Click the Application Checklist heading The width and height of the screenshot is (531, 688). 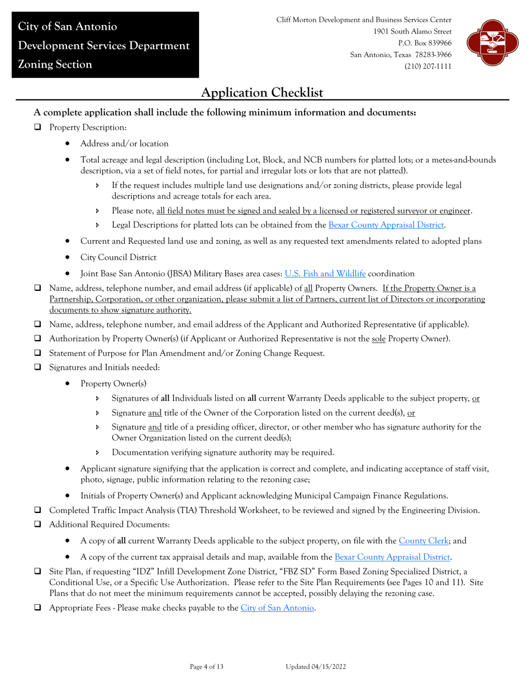tap(262, 92)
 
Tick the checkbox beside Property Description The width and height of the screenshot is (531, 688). tap(38, 128)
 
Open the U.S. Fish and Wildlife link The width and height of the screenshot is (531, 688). tap(325, 274)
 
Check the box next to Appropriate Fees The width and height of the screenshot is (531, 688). tap(38, 607)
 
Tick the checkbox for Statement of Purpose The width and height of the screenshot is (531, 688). tap(38, 353)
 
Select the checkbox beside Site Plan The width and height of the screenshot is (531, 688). tap(38, 572)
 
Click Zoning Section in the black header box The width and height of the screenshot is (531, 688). tap(55, 64)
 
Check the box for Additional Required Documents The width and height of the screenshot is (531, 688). tap(38, 525)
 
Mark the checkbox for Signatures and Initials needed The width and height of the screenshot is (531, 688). tap(38, 367)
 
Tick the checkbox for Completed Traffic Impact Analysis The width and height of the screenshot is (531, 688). tap(38, 510)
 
